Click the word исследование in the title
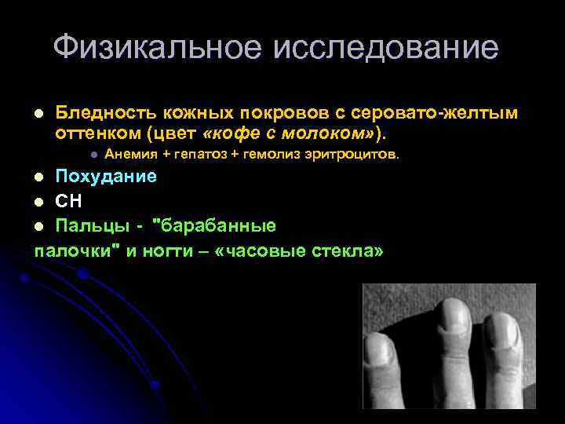pyautogui.click(x=385, y=48)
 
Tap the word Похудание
pyautogui.click(x=105, y=176)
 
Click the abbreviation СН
pyautogui.click(x=68, y=201)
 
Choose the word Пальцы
pyautogui.click(x=88, y=226)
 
